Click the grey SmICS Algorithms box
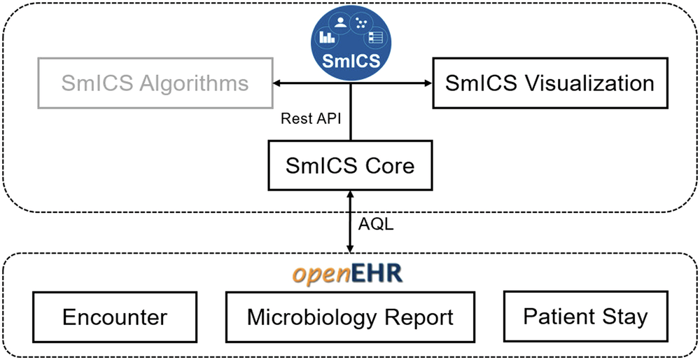tap(154, 84)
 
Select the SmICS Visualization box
tap(549, 83)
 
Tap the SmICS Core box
tap(350, 166)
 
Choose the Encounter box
tap(115, 317)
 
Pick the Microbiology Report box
tap(350, 317)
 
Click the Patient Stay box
tap(585, 317)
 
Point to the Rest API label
tap(311, 118)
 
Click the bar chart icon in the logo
tap(327, 36)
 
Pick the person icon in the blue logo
tap(342, 22)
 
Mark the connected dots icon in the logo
tap(361, 23)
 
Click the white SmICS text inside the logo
tap(351, 60)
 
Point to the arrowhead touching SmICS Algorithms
tap(277, 84)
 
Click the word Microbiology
tap(305, 317)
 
